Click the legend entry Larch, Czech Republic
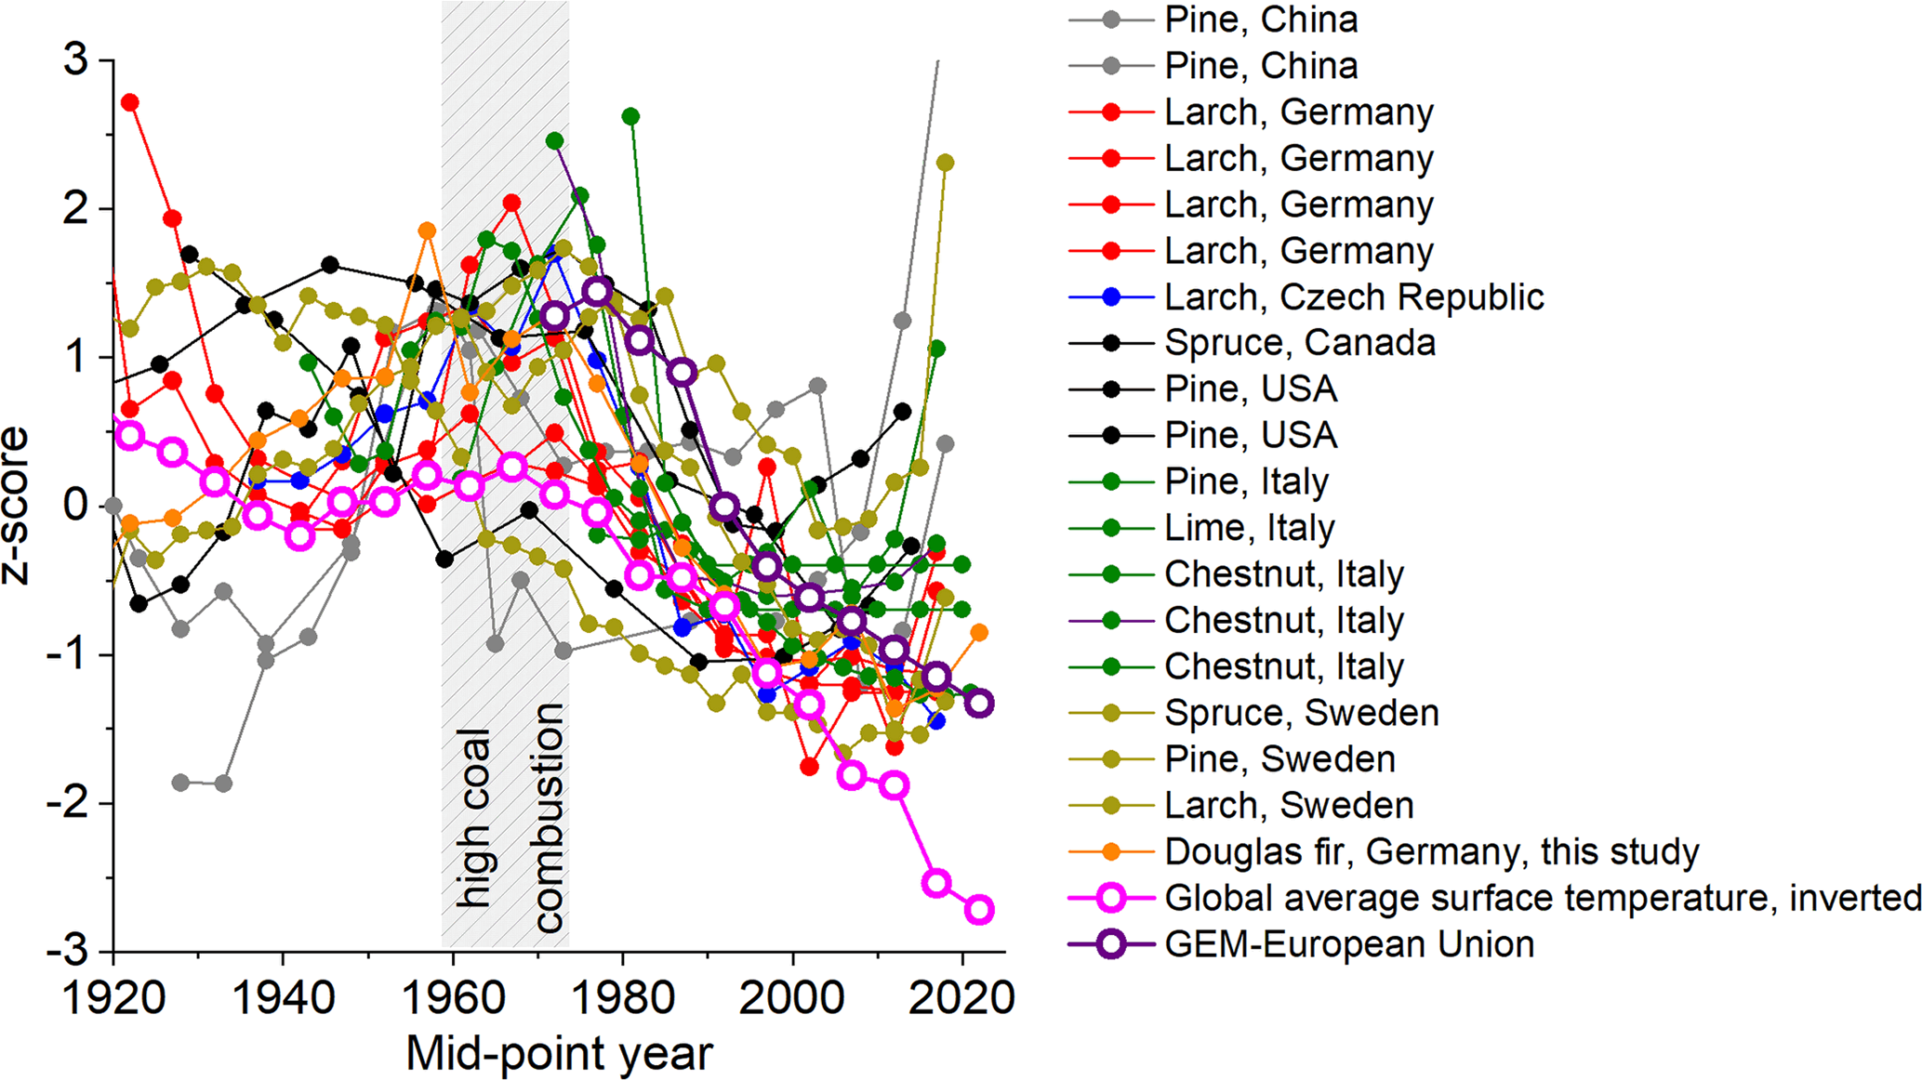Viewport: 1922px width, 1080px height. pos(1353,297)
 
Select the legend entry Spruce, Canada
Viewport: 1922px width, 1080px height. pos(1299,343)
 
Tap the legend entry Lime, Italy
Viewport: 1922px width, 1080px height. pos(1249,528)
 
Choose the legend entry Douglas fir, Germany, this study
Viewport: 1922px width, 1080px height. pos(1431,851)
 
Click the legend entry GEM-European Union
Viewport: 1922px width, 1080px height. pos(1348,944)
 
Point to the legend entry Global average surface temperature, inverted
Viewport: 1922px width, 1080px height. pos(1542,898)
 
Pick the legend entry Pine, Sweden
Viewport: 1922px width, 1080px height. pos(1279,759)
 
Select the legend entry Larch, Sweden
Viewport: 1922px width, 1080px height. pos(1289,805)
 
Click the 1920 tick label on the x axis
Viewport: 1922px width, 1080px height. pos(113,998)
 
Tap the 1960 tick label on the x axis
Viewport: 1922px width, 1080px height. pos(453,998)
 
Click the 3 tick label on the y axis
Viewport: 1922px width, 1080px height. pos(75,60)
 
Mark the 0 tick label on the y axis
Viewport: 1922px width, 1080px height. pos(75,507)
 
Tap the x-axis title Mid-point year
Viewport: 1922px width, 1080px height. pos(559,1054)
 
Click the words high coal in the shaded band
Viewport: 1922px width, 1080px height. pos(473,818)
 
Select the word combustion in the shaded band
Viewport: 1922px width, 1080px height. pos(548,818)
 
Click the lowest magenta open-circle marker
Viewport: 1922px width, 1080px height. pos(979,909)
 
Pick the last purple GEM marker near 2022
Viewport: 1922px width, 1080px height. pos(979,704)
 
